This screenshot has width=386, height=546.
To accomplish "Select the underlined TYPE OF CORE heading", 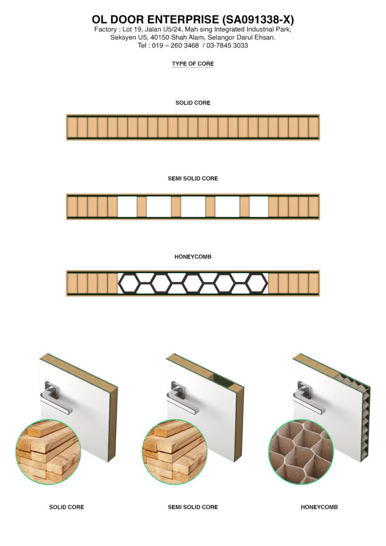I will pos(192,64).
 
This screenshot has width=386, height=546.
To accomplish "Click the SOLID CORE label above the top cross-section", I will pos(192,103).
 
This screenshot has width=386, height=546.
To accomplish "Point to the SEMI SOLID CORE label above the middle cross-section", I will pos(192,179).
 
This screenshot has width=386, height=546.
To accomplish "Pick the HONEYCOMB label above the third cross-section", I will pos(192,257).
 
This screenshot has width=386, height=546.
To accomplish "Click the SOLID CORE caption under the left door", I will pos(66,507).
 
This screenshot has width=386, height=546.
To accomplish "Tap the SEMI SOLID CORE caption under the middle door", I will pos(192,507).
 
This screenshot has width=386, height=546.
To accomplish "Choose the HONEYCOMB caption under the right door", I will pos(319,507).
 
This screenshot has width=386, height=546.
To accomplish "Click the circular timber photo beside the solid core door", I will pos(48,451).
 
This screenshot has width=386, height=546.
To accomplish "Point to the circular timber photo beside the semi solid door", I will pos(174,451).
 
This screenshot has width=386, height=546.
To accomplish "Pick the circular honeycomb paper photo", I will pos(301,451).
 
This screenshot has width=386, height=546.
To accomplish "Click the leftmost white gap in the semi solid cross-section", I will pos(127,207).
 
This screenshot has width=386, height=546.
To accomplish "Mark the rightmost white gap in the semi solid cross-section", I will pos(259,207).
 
